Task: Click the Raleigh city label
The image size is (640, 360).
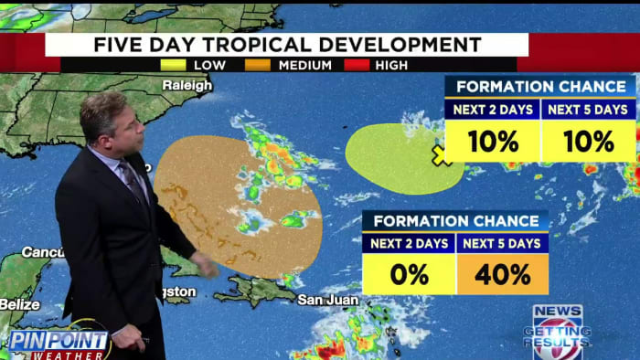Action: click(187, 85)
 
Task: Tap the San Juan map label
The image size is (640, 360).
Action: click(323, 299)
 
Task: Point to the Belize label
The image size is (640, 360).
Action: click(19, 303)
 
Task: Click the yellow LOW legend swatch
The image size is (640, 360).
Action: click(173, 65)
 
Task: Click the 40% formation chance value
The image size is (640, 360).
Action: click(502, 274)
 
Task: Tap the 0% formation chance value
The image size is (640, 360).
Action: click(408, 274)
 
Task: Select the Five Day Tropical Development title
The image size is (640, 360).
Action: click(286, 45)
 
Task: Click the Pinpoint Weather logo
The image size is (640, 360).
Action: click(58, 343)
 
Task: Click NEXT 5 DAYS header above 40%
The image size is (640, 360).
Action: click(502, 243)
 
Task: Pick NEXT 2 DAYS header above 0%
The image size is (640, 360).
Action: click(408, 243)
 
